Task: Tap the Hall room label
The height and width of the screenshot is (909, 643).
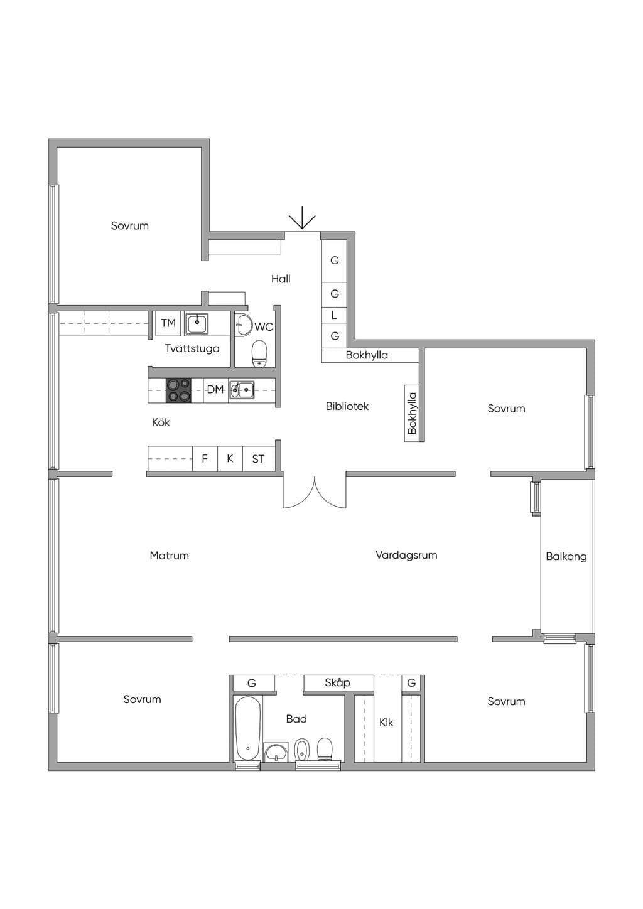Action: [281, 279]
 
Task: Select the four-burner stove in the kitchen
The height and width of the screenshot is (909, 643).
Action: [178, 390]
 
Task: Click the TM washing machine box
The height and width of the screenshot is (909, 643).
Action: [168, 323]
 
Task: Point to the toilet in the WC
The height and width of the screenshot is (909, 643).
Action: [259, 353]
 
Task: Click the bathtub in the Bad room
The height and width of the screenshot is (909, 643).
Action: [248, 728]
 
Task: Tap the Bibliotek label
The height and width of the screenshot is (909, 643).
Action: [347, 406]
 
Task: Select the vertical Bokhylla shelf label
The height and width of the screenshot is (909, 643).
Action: [412, 413]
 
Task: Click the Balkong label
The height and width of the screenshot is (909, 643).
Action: [566, 556]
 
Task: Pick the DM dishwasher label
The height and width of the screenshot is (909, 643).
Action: [215, 390]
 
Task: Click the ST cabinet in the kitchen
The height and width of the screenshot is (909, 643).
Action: [258, 458]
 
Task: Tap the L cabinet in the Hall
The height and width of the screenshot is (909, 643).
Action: [334, 315]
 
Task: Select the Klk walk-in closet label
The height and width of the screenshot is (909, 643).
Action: [386, 723]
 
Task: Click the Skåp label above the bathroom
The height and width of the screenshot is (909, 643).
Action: [337, 682]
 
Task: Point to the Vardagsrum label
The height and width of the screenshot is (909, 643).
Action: [406, 555]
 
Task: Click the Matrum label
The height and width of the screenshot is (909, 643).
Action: [170, 556]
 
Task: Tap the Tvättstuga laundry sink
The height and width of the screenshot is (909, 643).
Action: [197, 324]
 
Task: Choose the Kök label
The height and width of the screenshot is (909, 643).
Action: [161, 422]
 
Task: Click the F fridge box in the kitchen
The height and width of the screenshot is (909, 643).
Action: [205, 458]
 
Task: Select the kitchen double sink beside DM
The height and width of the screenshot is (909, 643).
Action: [242, 390]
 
